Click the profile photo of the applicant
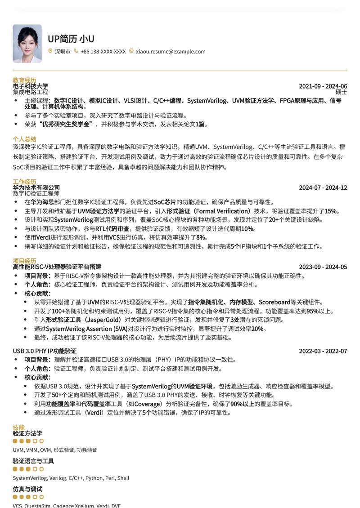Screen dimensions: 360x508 pyautogui.click(x=27, y=44)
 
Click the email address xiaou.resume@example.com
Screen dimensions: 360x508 pyautogui.click(x=171, y=52)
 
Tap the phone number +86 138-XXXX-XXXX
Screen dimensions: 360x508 pyautogui.click(x=103, y=52)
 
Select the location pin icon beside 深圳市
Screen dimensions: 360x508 pyautogui.click(x=50, y=51)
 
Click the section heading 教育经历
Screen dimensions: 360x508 pyautogui.click(x=24, y=80)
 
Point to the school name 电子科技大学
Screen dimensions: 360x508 pyautogui.click(x=31, y=86)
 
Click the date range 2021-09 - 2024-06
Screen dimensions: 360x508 pyautogui.click(x=323, y=86)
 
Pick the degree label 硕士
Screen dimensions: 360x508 pyautogui.click(x=341, y=92)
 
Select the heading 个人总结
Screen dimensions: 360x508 pyautogui.click(x=24, y=139)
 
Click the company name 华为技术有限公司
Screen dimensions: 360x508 pyautogui.click(x=36, y=187)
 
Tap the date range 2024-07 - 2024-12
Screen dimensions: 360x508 pyautogui.click(x=323, y=188)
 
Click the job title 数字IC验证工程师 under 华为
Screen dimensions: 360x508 pyautogui.click(x=36, y=193)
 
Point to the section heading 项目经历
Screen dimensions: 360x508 pyautogui.click(x=24, y=261)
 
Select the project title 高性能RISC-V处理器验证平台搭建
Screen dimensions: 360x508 pyautogui.click(x=57, y=267)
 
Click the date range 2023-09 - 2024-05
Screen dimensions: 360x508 pyautogui.click(x=323, y=267)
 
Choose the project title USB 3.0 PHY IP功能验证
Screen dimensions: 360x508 pyautogui.click(x=45, y=351)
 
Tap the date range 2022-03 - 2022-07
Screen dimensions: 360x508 pyautogui.click(x=323, y=351)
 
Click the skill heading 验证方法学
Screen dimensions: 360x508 pyautogui.click(x=27, y=433)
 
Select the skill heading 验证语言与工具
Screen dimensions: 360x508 pyautogui.click(x=33, y=461)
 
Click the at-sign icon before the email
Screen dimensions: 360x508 pyautogui.click(x=131, y=51)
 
